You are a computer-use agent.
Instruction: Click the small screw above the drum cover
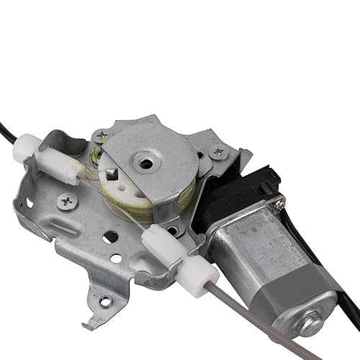[x=102, y=135]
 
